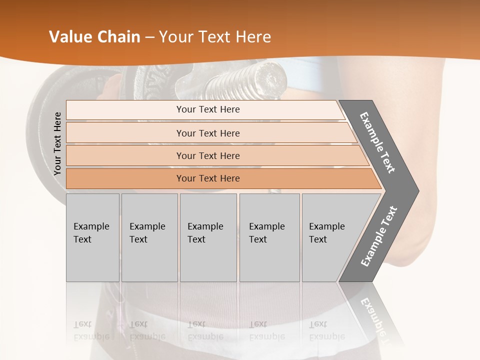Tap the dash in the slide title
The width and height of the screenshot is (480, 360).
click(x=149, y=37)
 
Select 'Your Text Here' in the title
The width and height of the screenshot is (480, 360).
click(x=215, y=37)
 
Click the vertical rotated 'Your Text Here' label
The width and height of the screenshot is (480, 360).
click(x=57, y=143)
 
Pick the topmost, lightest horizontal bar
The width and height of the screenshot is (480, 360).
click(x=207, y=109)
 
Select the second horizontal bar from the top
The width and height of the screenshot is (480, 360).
click(x=207, y=133)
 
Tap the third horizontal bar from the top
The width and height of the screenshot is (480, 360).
click(x=207, y=156)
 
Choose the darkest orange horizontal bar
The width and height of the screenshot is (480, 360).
click(x=207, y=178)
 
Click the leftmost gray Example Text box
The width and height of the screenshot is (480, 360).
click(x=92, y=237)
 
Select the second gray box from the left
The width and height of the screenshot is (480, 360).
click(x=149, y=237)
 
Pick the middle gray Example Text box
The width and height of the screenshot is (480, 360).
click(x=208, y=237)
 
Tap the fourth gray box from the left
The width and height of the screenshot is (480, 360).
click(x=269, y=237)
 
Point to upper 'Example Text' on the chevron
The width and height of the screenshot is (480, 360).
click(x=377, y=142)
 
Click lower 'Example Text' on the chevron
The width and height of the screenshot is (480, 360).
click(x=378, y=236)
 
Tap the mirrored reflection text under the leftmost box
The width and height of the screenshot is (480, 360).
click(x=91, y=330)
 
